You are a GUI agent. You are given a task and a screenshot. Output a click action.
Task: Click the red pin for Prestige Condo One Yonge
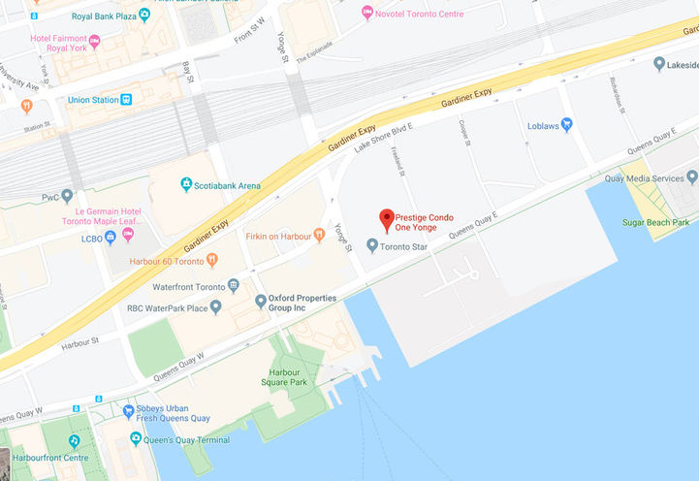pos(387,219)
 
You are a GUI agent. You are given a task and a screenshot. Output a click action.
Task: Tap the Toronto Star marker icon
pos(372,245)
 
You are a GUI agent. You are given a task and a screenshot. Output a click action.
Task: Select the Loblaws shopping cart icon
pos(567,124)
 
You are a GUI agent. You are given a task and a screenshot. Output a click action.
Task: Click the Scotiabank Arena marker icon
pos(185,184)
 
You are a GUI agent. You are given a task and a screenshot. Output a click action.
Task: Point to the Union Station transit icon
pos(126,100)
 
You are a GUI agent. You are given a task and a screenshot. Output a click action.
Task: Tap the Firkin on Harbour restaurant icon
pos(319,235)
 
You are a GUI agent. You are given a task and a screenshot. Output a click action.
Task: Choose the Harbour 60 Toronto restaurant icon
pos(212,260)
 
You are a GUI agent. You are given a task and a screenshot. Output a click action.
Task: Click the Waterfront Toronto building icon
pos(233,286)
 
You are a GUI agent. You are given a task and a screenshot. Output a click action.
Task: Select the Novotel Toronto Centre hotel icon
pos(366,12)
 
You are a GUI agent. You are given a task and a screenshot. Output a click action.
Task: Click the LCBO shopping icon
pos(111,238)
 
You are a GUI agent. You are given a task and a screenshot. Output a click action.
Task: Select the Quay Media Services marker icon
pos(691,177)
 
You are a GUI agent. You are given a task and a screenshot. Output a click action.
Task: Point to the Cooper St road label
pos(465,133)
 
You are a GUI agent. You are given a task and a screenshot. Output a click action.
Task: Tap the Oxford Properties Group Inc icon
pos(260,302)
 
